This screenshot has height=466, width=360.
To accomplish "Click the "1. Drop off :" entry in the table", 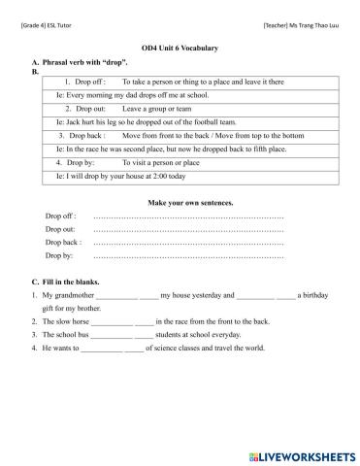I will pos(84,83).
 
